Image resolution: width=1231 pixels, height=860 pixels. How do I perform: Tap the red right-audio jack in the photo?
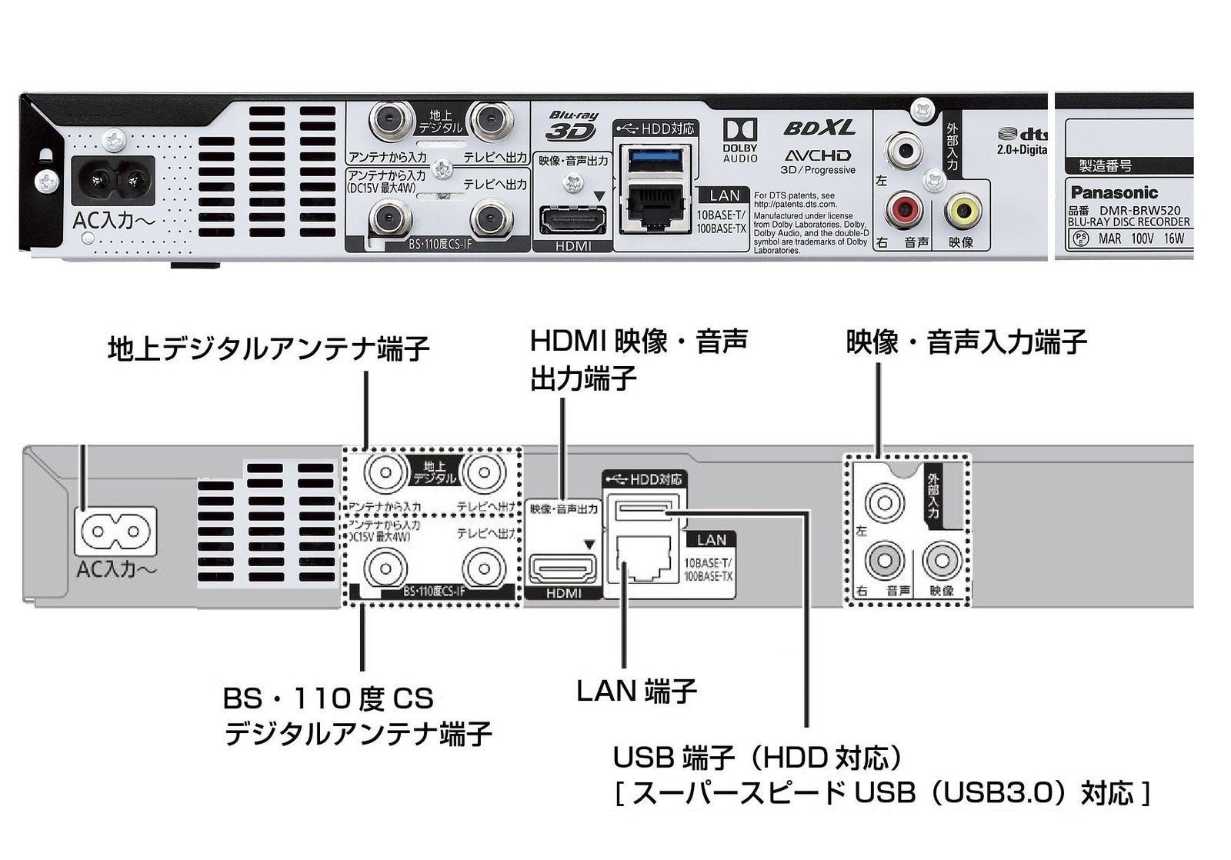[904, 208]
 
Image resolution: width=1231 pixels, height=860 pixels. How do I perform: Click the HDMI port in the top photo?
[572, 219]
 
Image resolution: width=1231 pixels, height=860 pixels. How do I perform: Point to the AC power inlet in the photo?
[114, 182]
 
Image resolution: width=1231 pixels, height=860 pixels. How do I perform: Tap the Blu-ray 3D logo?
[572, 125]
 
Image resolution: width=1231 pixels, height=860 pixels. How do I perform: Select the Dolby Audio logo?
[739, 139]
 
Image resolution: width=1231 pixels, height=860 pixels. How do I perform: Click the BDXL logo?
[819, 128]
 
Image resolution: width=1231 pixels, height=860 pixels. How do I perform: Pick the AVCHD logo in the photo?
[817, 155]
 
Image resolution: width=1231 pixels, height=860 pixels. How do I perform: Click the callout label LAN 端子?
[636, 691]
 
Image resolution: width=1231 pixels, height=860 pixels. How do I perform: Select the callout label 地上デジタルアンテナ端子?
[269, 348]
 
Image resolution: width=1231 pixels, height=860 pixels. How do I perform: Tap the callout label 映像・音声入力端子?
[966, 342]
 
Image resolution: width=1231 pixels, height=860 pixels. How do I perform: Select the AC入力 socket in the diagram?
[115, 532]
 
